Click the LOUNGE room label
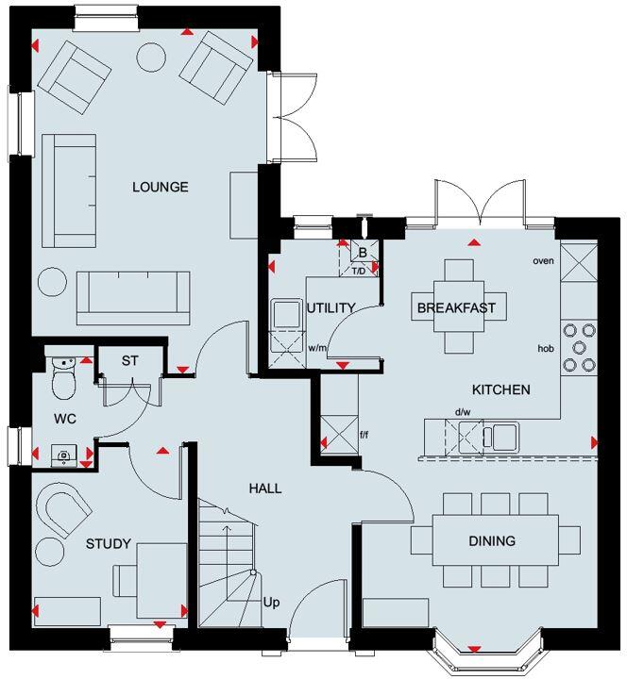click(x=160, y=187)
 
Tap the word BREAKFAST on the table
click(x=456, y=307)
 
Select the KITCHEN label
click(x=500, y=389)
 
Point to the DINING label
click(x=492, y=541)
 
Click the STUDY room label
click(x=108, y=544)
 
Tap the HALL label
click(x=265, y=489)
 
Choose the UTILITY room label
click(x=330, y=307)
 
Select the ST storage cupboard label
click(x=130, y=360)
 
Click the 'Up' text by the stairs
click(x=271, y=602)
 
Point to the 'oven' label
click(x=542, y=260)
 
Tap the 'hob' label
click(x=545, y=348)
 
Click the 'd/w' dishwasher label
click(x=463, y=412)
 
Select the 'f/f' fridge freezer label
click(x=364, y=436)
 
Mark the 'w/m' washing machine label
click(x=317, y=349)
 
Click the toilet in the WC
click(x=63, y=379)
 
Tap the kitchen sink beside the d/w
click(x=500, y=436)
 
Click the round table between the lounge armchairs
click(x=151, y=58)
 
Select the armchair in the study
click(x=62, y=513)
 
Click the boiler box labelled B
click(x=363, y=253)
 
